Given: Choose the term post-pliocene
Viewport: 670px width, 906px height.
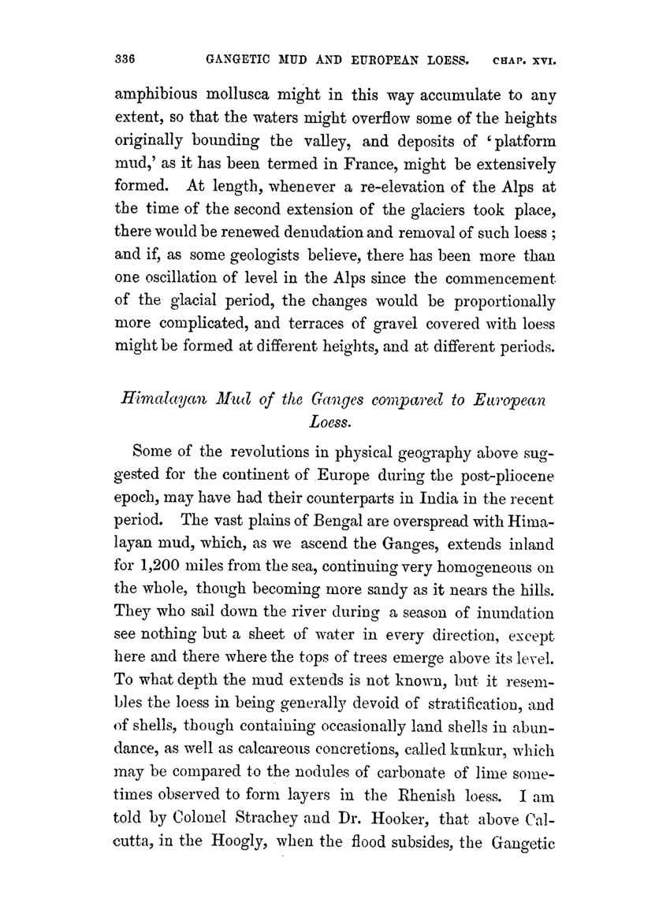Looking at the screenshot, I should pyautogui.click(x=510, y=477).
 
